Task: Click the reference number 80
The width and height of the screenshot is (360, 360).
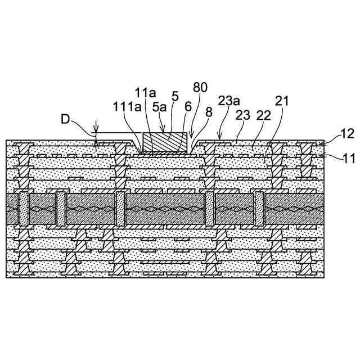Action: (x=200, y=88)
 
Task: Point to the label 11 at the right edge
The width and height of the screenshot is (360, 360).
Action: (x=348, y=158)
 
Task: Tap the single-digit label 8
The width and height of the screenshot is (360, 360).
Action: (x=209, y=112)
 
